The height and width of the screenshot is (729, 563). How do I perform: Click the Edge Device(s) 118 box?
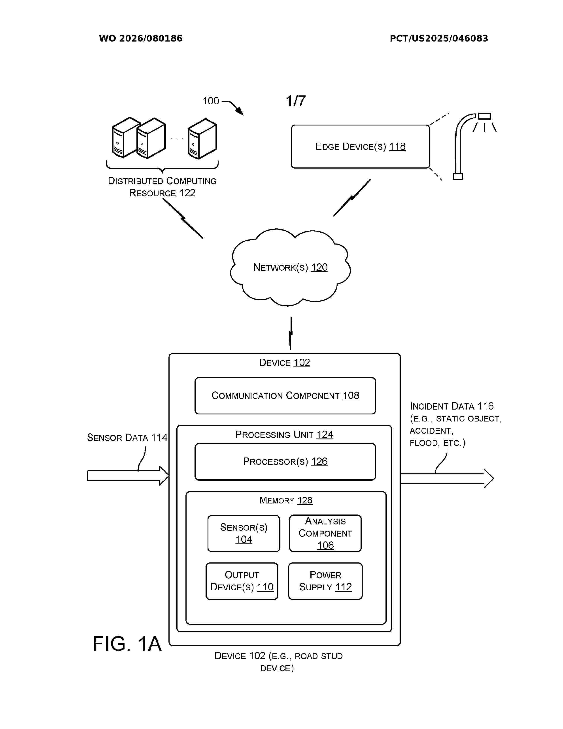tap(360, 146)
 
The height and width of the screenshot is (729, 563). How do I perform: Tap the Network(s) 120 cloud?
tap(290, 267)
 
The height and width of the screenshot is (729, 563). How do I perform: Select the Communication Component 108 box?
tap(285, 396)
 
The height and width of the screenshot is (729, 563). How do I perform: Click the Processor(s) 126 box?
tap(285, 462)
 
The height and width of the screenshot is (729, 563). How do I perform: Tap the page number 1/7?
tap(295, 101)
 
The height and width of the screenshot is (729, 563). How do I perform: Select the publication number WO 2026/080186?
tap(140, 38)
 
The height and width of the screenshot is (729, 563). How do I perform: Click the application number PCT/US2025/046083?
tap(439, 38)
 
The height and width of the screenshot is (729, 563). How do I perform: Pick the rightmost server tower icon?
tap(202, 139)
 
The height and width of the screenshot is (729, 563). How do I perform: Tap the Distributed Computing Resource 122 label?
tap(162, 187)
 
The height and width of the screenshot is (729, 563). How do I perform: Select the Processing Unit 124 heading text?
tap(284, 435)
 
